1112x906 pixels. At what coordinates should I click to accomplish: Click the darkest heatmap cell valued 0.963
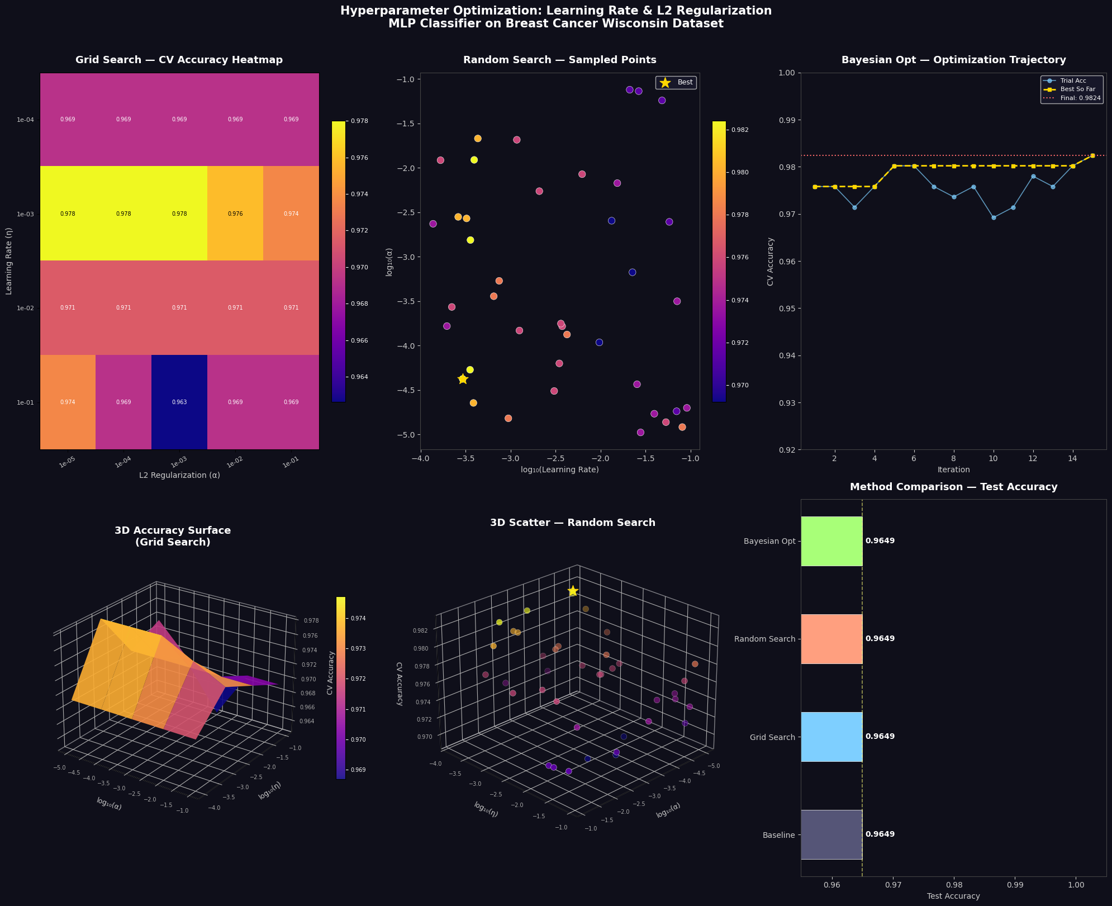tap(179, 402)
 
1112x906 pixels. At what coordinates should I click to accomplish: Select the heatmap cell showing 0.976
tap(235, 214)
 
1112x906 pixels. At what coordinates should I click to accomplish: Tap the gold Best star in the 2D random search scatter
tap(463, 380)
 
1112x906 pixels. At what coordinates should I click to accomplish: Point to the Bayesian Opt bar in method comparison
tap(831, 541)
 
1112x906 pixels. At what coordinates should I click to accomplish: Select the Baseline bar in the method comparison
tap(831, 834)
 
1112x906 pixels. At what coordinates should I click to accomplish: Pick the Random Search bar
tap(831, 639)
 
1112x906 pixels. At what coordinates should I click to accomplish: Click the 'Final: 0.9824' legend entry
tap(1072, 98)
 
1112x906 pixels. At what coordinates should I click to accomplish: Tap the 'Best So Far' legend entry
tap(1072, 89)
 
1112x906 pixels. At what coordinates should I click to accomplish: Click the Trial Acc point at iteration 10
tap(994, 217)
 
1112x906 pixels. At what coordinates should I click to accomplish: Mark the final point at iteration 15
tap(1092, 156)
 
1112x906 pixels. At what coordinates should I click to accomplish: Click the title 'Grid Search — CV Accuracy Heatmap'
tap(179, 60)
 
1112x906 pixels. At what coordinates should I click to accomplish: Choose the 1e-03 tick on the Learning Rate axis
tap(26, 214)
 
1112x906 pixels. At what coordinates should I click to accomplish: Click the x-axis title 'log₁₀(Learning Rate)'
tap(560, 470)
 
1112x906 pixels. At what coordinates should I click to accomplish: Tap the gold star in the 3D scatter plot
tap(573, 591)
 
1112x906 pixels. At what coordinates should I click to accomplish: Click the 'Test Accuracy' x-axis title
tap(953, 896)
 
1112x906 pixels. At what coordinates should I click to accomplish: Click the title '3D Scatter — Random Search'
tap(573, 523)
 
